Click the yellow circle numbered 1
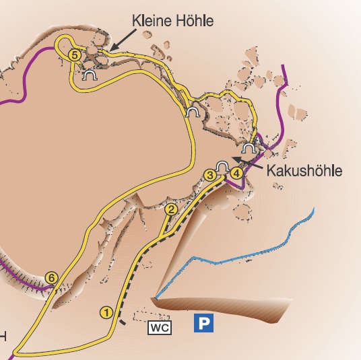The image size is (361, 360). (x=105, y=312)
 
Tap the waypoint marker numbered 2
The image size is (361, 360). (x=171, y=210)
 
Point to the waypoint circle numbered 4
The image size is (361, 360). (x=236, y=173)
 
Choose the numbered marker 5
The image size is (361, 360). (x=75, y=55)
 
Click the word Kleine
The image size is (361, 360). (x=151, y=22)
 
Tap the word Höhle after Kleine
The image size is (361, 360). (x=193, y=22)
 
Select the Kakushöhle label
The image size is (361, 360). (x=304, y=170)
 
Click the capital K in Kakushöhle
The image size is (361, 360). (x=271, y=170)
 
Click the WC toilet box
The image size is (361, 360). (x=160, y=327)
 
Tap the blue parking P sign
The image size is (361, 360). (x=203, y=324)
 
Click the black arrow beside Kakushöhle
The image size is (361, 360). (x=247, y=161)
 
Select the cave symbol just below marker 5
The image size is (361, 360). (x=88, y=77)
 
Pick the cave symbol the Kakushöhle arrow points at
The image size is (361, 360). (x=223, y=166)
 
